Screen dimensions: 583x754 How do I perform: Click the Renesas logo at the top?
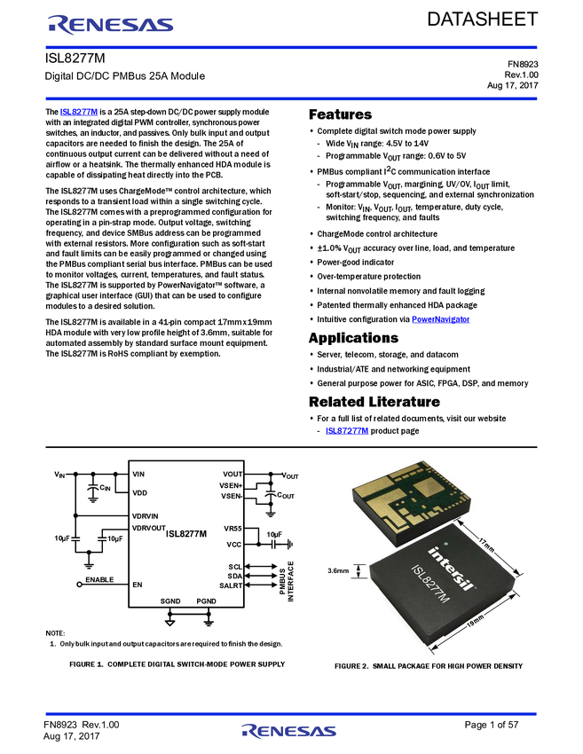[111, 26]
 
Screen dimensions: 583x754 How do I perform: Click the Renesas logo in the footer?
[289, 732]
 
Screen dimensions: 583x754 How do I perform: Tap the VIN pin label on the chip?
[138, 475]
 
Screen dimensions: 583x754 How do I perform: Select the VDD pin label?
[139, 492]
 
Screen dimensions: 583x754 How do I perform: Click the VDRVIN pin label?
[145, 515]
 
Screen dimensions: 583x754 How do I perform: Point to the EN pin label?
[137, 585]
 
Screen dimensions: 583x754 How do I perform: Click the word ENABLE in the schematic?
[99, 580]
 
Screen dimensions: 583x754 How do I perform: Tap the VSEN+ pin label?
[232, 485]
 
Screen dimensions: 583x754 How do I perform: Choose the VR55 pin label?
[232, 529]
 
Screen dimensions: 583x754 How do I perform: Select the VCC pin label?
[233, 544]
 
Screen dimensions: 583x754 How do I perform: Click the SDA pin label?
[234, 576]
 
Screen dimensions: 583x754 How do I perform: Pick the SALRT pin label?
[231, 585]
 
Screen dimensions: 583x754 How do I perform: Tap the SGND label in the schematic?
[170, 601]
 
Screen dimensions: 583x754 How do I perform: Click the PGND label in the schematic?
[207, 601]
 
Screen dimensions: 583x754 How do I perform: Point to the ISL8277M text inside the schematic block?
[186, 533]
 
